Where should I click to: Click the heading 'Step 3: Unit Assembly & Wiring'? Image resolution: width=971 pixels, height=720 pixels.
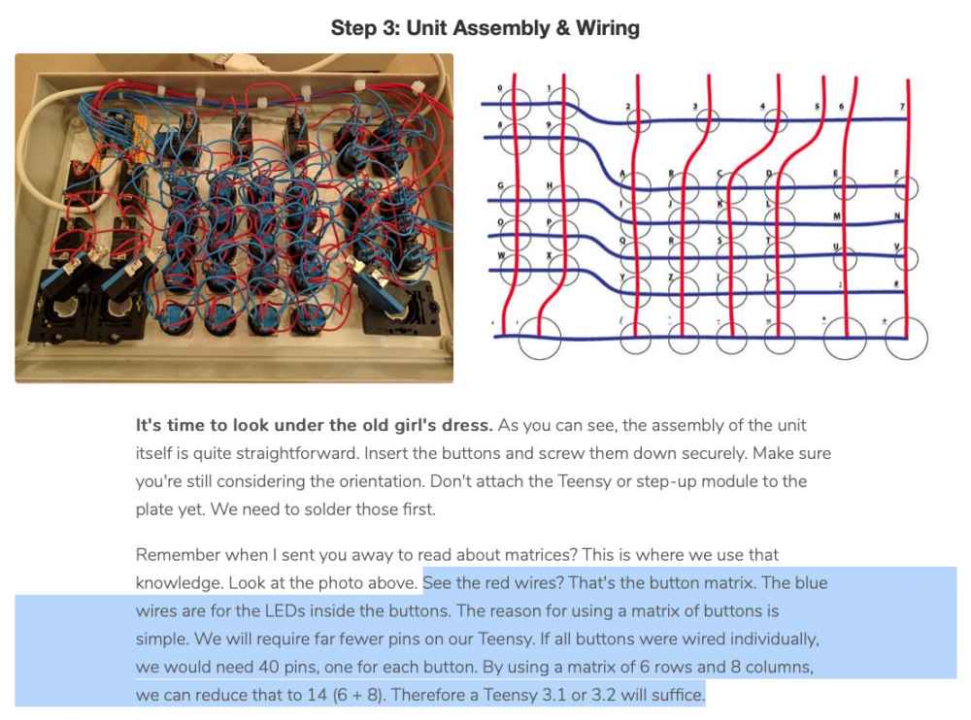[485, 27]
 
